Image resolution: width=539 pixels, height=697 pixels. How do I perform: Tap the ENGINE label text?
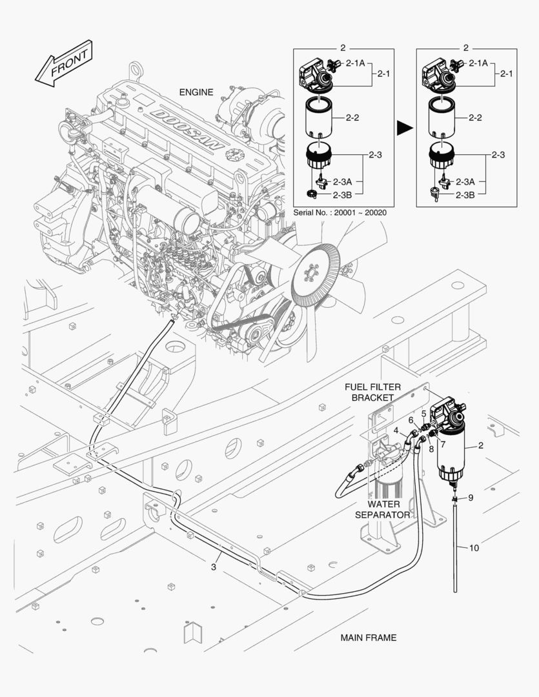point(196,92)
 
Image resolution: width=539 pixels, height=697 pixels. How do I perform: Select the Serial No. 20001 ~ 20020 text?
point(340,212)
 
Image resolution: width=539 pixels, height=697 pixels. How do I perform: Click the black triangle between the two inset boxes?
point(404,128)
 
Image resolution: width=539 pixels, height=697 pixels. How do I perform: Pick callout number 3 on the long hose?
point(212,567)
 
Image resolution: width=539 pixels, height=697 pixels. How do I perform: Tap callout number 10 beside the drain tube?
point(474,548)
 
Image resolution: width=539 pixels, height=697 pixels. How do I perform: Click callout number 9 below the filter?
point(471,498)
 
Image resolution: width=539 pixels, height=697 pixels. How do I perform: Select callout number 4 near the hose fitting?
point(396,430)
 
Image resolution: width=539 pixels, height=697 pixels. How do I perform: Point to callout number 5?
point(423,413)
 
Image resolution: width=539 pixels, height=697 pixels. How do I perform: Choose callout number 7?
point(443,445)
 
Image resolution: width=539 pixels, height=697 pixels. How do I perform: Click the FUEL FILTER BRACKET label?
point(372,392)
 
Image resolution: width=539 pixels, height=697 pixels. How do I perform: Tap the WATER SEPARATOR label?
point(382,509)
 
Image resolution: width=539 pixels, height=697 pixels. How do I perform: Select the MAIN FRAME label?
point(368,638)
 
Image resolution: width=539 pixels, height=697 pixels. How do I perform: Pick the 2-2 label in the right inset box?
point(475,118)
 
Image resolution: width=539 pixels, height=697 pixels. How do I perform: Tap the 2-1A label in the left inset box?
point(355,63)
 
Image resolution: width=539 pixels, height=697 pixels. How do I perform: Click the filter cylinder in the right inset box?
point(445,119)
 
